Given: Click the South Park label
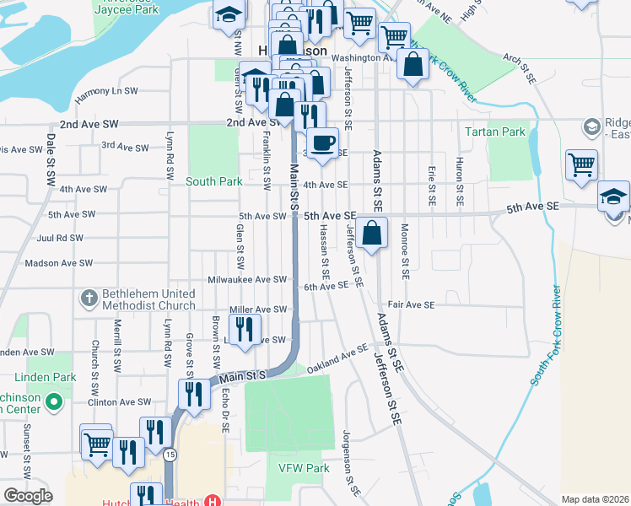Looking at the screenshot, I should tap(214, 181).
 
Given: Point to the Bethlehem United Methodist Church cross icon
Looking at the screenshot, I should tap(89, 298).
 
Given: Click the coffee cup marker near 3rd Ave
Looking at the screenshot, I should tap(321, 143).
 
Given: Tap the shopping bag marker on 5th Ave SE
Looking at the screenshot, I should tap(371, 232).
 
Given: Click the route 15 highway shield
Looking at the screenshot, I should tap(171, 455).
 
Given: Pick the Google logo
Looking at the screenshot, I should tap(27, 496).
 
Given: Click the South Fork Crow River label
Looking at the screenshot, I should tap(547, 328).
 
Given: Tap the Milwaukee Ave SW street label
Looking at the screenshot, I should tap(249, 279).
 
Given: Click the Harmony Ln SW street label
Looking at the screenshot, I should tap(105, 91).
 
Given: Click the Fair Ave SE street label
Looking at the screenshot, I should tap(411, 304).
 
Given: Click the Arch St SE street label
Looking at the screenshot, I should tap(519, 70).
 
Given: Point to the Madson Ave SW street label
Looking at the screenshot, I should tap(54, 263).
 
